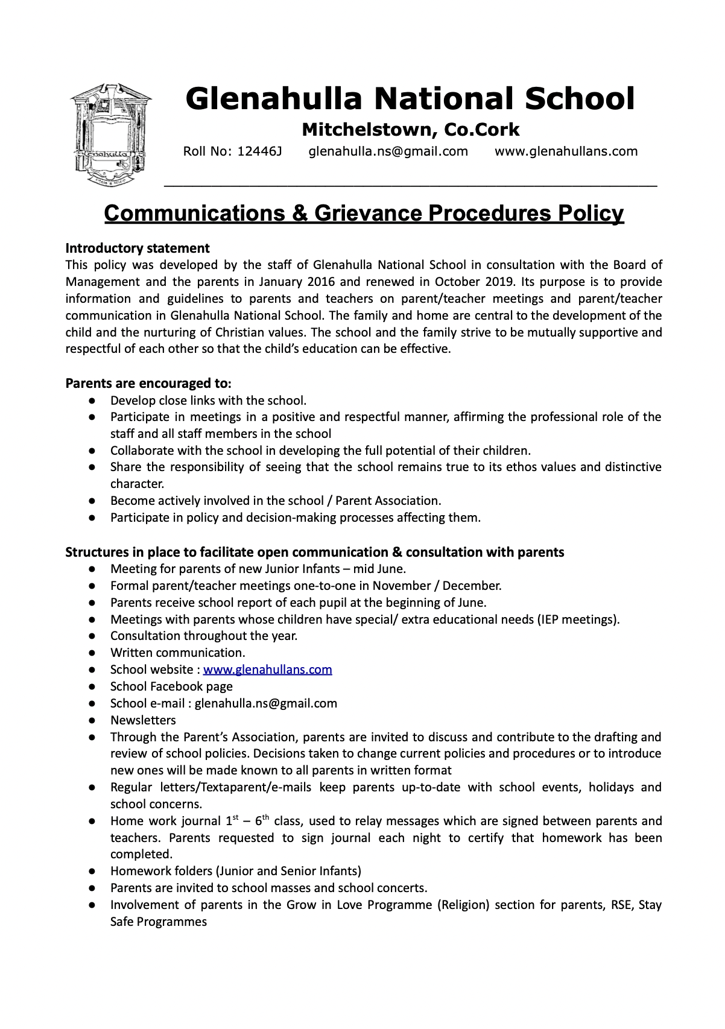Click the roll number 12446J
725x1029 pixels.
tap(259, 151)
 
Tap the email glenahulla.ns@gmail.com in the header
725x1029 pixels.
tap(388, 151)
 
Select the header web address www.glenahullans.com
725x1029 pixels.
tap(566, 151)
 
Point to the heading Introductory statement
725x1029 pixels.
tap(138, 249)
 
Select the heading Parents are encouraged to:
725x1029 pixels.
tap(148, 384)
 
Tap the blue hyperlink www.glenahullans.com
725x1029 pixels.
tap(267, 670)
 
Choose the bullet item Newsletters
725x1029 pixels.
tap(143, 720)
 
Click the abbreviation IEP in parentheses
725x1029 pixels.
tap(549, 619)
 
